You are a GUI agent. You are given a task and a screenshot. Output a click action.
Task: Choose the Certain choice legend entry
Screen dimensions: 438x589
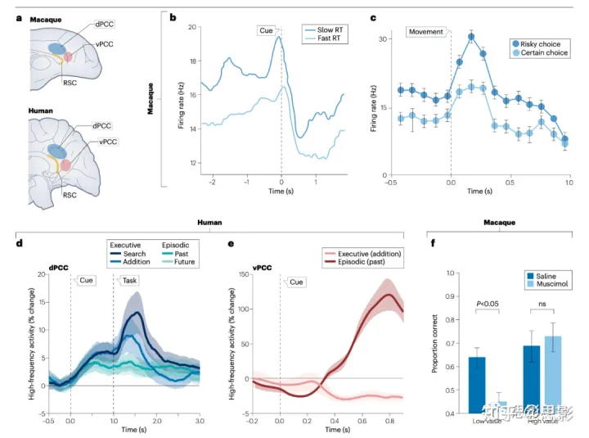(538, 52)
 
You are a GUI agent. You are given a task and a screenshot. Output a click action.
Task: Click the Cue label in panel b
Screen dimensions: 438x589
(267, 30)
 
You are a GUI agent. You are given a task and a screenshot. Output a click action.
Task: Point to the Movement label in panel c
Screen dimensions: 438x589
(425, 32)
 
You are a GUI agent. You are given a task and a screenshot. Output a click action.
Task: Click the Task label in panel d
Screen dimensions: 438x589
(130, 280)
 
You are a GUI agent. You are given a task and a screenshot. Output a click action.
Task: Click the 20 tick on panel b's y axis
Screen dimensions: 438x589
(193, 27)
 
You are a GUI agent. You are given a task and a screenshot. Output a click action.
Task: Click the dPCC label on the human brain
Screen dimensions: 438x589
(101, 125)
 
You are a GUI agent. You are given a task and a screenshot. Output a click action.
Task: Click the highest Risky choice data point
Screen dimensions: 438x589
(471, 37)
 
